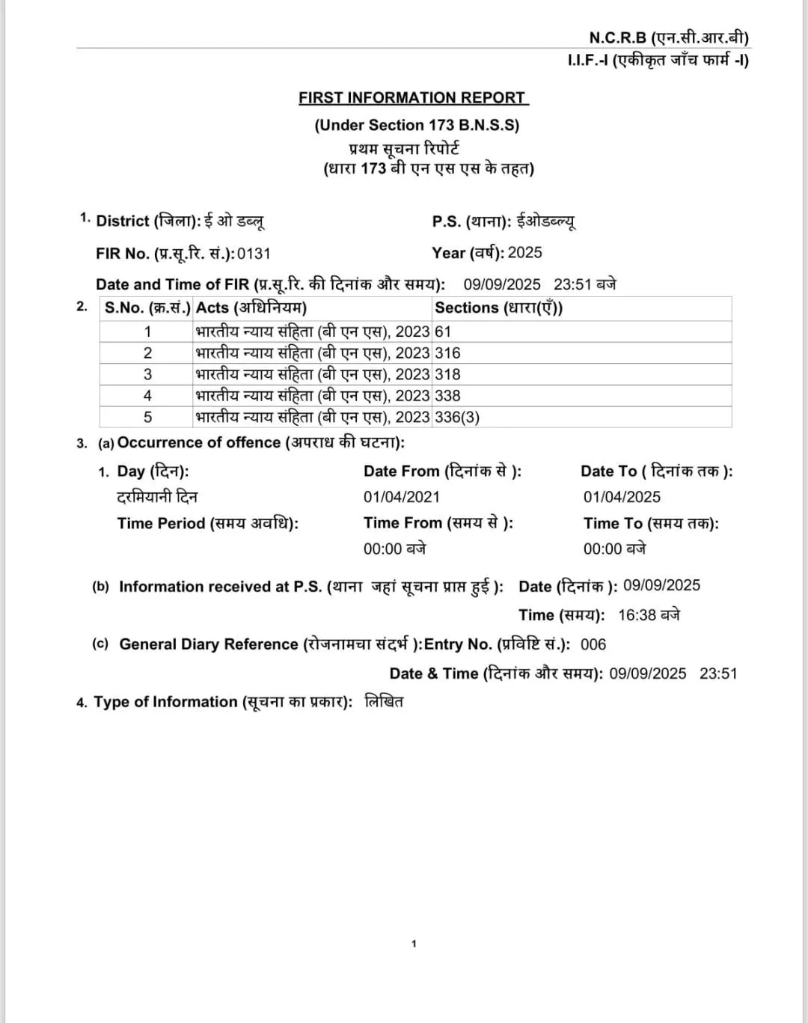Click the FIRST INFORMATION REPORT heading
(413, 98)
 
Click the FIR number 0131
(254, 254)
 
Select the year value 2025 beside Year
(524, 253)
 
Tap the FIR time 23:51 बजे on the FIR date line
(584, 284)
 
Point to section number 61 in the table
(443, 332)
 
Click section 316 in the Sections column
(447, 353)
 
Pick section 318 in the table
(447, 374)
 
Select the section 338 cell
(447, 396)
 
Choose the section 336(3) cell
(457, 417)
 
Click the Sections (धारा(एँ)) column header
(498, 308)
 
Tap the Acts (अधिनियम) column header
(251, 308)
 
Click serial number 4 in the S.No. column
(147, 396)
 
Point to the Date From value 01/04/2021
(402, 497)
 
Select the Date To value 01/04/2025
(622, 497)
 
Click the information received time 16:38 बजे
(649, 615)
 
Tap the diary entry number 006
(593, 644)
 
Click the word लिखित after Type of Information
(384, 702)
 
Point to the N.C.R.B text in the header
(617, 37)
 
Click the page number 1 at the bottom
(414, 944)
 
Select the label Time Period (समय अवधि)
(207, 524)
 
